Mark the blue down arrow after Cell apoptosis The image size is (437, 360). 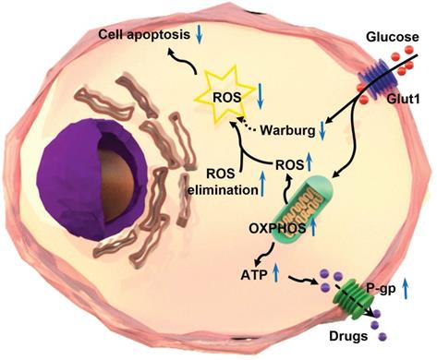pyautogui.click(x=200, y=37)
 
